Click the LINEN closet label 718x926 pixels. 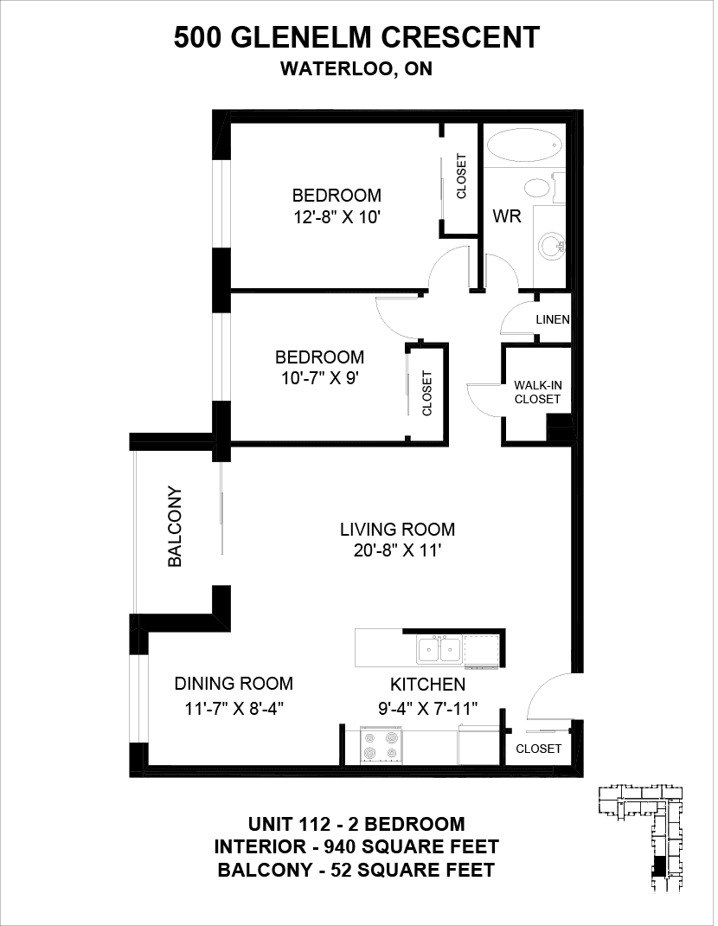click(x=553, y=320)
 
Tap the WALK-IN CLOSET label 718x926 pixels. click(x=537, y=392)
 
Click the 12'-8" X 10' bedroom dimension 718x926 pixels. click(x=337, y=218)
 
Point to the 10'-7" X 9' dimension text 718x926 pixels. click(x=321, y=378)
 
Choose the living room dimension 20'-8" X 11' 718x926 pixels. click(x=397, y=550)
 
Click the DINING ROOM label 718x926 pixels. click(x=234, y=684)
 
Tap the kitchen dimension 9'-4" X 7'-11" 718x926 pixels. click(x=427, y=708)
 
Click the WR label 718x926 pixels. click(x=507, y=216)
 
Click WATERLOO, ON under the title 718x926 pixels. click(x=356, y=69)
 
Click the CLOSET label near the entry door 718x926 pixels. click(x=538, y=749)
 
